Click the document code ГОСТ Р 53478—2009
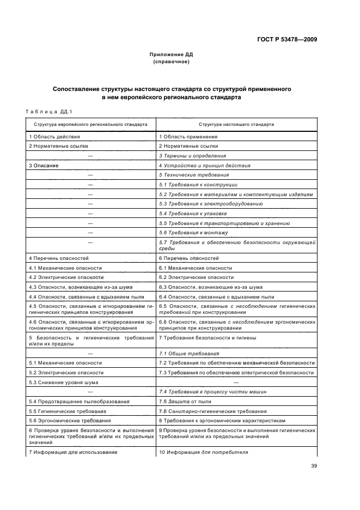[x=288, y=39]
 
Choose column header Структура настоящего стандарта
[x=236, y=124]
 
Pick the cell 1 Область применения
[x=188, y=137]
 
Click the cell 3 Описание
[x=44, y=165]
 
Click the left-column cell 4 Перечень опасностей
[x=58, y=258]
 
